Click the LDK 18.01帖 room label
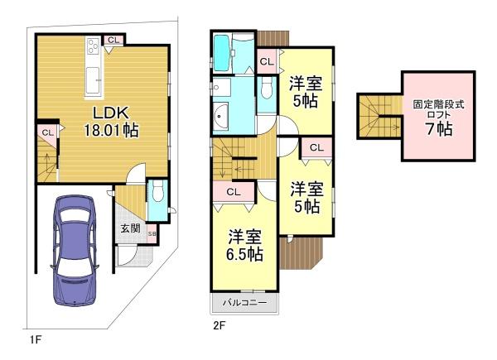111,121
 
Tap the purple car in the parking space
74,251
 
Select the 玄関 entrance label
130,228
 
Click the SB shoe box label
152,234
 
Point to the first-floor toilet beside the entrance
158,191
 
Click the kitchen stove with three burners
94,46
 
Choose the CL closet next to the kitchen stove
113,40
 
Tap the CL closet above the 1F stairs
47,132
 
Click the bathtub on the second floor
222,53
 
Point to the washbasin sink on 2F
220,117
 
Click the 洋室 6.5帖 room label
245,245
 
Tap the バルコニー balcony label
244,302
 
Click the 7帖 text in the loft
439,128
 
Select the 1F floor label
35,340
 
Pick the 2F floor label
219,325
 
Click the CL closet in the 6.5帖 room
234,192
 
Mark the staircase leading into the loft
380,116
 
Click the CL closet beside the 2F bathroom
267,61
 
